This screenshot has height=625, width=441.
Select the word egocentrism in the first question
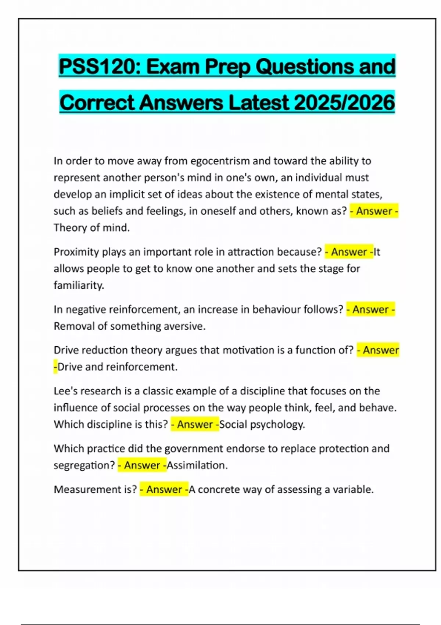[220, 161]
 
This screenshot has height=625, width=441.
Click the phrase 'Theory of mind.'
[92, 228]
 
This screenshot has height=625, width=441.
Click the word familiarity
[79, 285]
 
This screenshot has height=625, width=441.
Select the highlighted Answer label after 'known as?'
[374, 211]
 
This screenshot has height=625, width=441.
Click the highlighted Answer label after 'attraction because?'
[349, 252]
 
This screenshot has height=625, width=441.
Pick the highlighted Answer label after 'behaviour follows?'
[370, 310]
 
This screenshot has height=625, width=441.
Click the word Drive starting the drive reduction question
[66, 350]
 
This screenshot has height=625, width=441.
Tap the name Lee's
[65, 391]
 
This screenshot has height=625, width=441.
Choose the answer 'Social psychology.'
[262, 425]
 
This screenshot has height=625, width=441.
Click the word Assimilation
[197, 465]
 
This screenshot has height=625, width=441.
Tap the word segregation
[84, 465]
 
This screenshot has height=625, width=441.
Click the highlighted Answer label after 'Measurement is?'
[164, 490]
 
